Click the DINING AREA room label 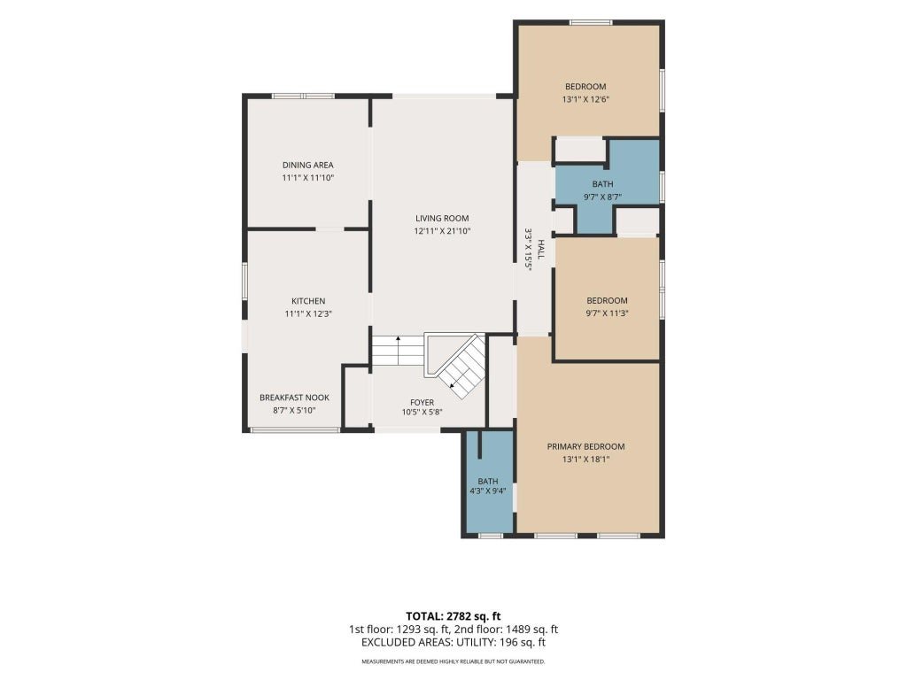pos(307,166)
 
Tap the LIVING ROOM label pos(442,219)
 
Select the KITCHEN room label pos(308,301)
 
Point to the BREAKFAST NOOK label pos(294,398)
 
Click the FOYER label pos(422,403)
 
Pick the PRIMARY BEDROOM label pos(586,447)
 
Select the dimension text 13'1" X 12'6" pos(586,99)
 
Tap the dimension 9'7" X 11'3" pos(608,313)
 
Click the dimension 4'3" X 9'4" pos(488,491)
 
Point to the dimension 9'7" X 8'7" pos(602,197)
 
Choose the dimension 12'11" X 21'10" pos(442,231)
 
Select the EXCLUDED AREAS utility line pos(453,643)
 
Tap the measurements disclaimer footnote pos(453,661)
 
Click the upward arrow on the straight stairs pos(399,351)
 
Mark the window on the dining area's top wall pos(304,96)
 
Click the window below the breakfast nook pos(294,429)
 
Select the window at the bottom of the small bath pos(491,536)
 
